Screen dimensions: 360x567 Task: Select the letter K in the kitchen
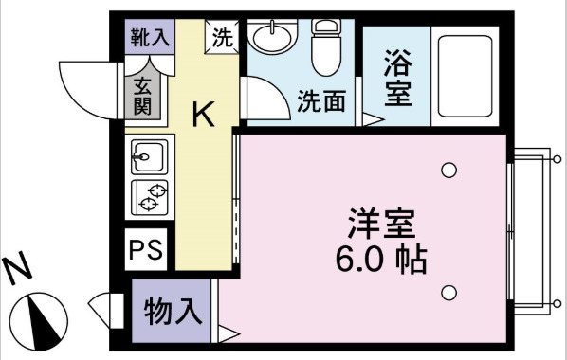[204, 115]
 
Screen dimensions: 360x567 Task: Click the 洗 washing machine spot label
[223, 39]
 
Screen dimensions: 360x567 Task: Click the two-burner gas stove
[149, 194]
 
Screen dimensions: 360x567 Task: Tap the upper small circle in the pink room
[448, 171]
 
